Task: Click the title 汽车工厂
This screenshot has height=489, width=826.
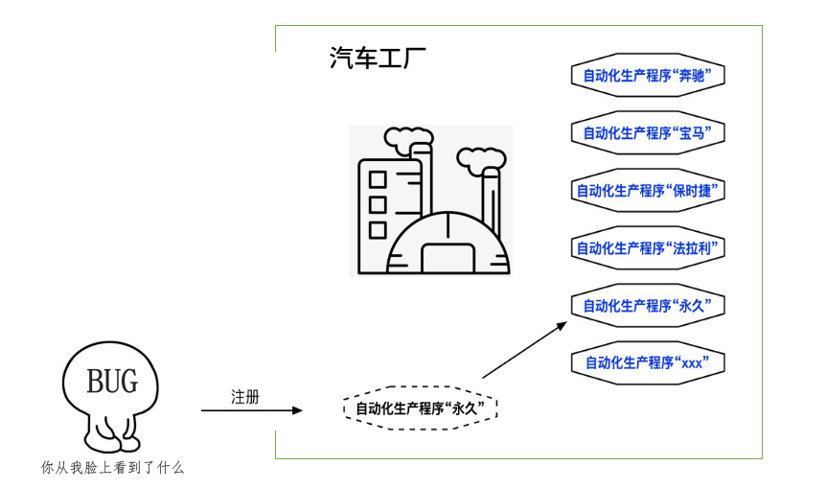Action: [378, 58]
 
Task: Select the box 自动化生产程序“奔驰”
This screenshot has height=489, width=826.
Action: [648, 76]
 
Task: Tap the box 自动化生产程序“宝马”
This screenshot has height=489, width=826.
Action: [648, 132]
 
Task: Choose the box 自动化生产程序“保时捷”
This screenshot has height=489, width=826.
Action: [648, 190]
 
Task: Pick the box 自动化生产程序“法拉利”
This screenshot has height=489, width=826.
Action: [648, 247]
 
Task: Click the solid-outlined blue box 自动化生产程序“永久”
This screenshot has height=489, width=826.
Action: [648, 305]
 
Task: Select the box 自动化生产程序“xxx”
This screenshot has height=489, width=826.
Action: [648, 362]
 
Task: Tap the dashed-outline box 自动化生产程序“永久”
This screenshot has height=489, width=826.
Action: [420, 407]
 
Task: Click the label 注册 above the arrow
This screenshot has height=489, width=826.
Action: [245, 397]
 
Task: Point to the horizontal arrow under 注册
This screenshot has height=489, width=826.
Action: [252, 410]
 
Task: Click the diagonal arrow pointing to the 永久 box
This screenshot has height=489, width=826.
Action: [525, 350]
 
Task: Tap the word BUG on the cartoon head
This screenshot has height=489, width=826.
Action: [112, 381]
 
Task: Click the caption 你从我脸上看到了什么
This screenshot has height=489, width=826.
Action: [113, 467]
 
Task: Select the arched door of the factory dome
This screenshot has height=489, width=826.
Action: [448, 258]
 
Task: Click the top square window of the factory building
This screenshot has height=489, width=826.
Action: [378, 179]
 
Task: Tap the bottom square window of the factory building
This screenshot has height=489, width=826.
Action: [378, 230]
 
